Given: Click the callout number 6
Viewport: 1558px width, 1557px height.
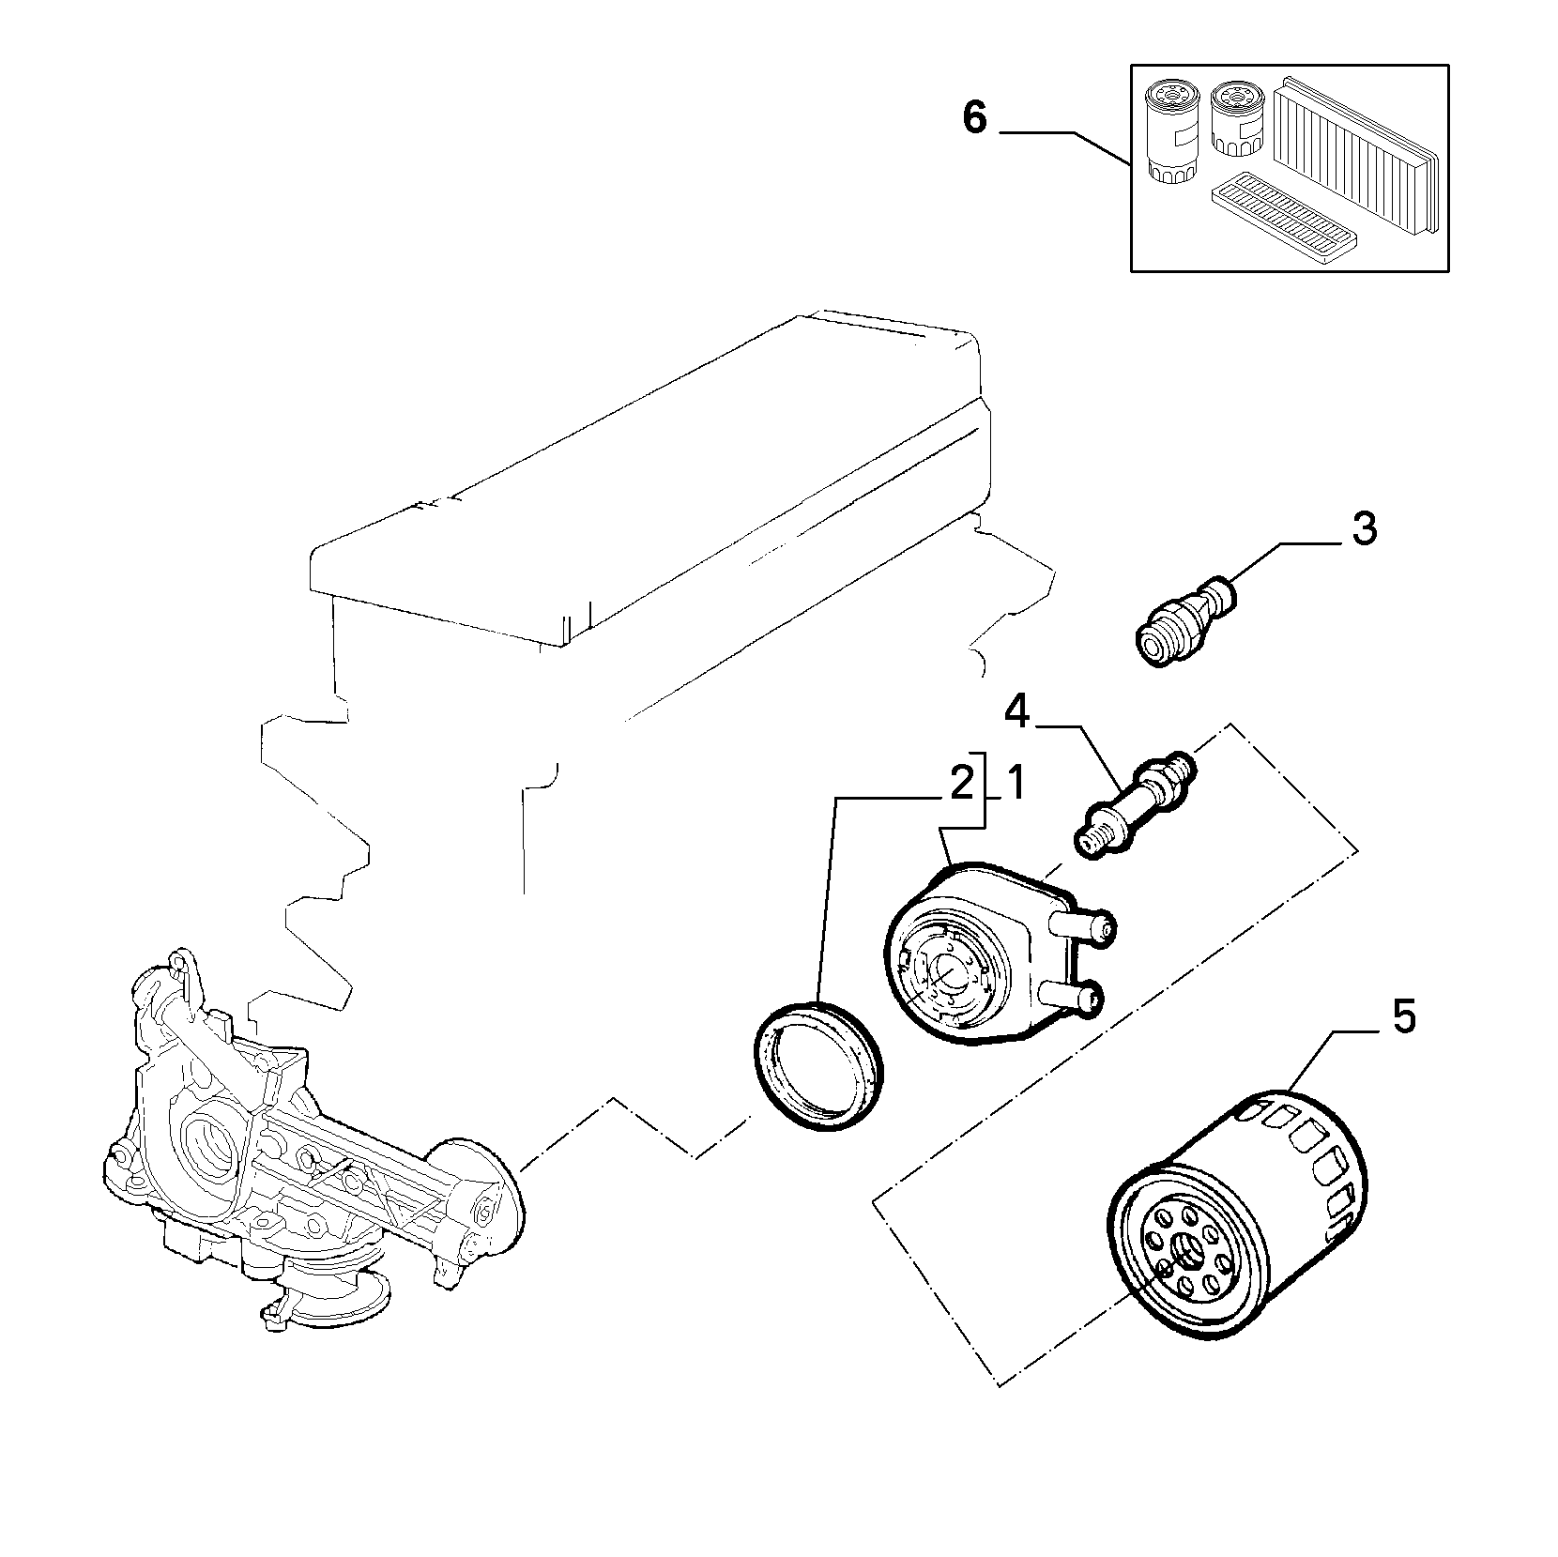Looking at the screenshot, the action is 975,119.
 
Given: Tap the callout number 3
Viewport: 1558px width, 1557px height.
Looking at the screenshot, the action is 1364,529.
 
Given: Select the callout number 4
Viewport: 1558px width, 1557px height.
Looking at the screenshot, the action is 1017,712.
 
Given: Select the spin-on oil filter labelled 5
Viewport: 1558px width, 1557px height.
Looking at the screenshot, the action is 1234,1224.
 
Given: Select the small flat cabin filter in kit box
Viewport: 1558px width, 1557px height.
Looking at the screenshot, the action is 1282,209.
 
